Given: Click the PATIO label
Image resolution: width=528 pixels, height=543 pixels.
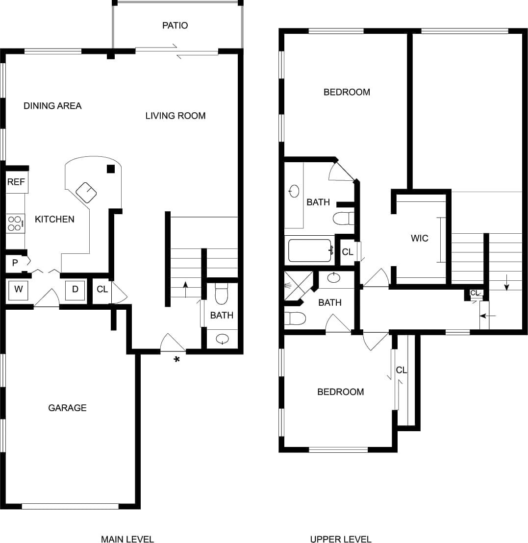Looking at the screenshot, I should tap(175, 25).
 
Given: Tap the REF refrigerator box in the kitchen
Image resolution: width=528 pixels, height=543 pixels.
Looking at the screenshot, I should tap(16, 182).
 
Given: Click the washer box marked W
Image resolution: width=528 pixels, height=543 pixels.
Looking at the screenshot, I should tap(19, 289).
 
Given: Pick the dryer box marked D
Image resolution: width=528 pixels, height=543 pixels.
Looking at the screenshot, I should tap(75, 289).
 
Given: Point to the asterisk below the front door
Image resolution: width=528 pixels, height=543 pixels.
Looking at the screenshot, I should tap(176, 360).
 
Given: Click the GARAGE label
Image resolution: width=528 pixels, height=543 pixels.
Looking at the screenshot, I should tap(67, 408).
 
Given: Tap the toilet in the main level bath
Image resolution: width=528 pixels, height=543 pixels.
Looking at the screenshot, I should tap(222, 294).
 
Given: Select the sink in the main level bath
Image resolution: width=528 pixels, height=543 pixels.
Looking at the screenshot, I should tap(223, 338).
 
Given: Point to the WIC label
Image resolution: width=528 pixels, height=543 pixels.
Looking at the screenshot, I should tap(420, 239).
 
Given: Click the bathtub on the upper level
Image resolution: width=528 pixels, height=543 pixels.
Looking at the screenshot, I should tap(310, 250).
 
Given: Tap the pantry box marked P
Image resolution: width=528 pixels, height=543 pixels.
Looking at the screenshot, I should tap(15, 263).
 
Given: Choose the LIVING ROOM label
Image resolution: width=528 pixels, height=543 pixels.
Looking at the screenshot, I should tap(176, 116).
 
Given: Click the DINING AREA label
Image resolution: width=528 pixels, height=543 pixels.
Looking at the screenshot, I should tap(52, 106).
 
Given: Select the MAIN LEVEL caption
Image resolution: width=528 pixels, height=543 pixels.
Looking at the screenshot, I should tap(127, 539).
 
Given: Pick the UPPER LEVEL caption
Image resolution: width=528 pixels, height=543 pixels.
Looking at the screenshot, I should tap(341, 539).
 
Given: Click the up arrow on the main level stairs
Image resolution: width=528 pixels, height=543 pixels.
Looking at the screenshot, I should tap(185, 288).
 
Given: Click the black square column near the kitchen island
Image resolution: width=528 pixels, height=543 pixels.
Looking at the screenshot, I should tap(111, 169).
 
